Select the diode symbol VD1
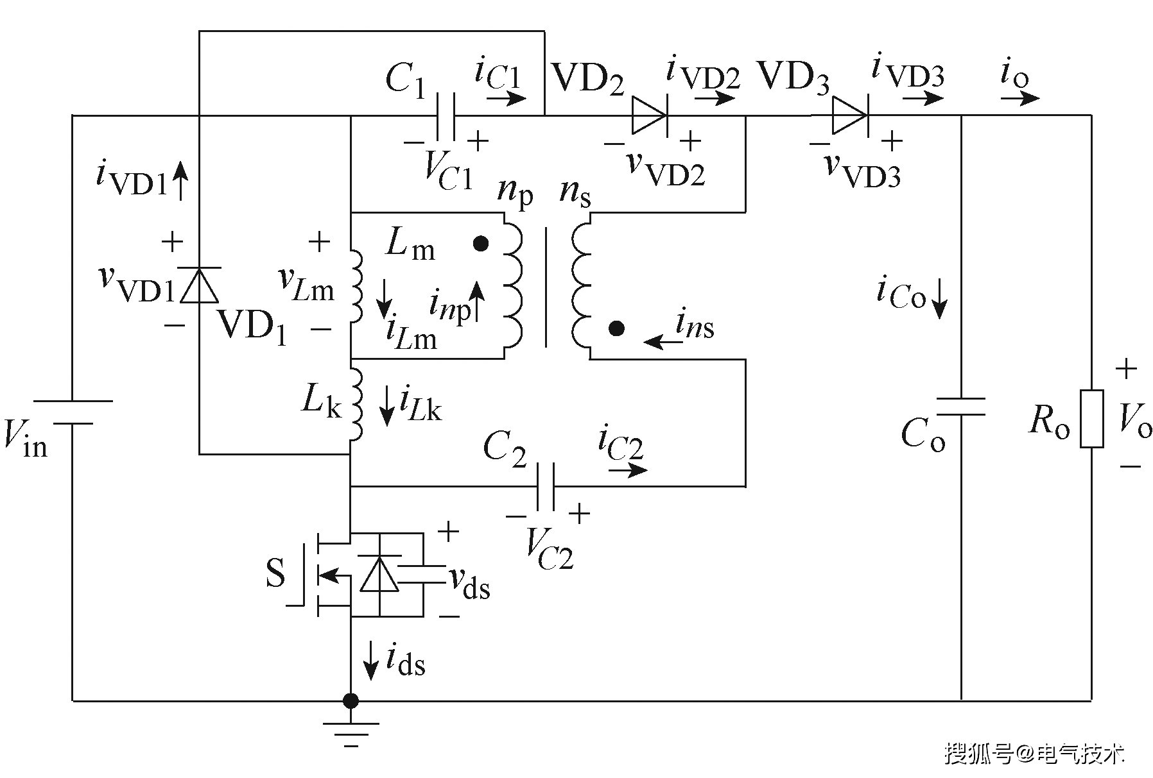[x=200, y=285]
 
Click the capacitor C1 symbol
[x=446, y=116]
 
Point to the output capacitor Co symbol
[x=961, y=407]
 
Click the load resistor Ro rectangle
[x=1091, y=418]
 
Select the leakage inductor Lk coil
[x=356, y=405]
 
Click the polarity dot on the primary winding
[x=481, y=244]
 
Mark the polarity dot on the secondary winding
[x=617, y=329]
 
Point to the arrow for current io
[x=1019, y=98]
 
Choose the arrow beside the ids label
[x=370, y=659]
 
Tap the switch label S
[x=275, y=573]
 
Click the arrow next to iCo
[x=939, y=299]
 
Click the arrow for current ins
[x=663, y=342]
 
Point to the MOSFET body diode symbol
[x=379, y=574]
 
